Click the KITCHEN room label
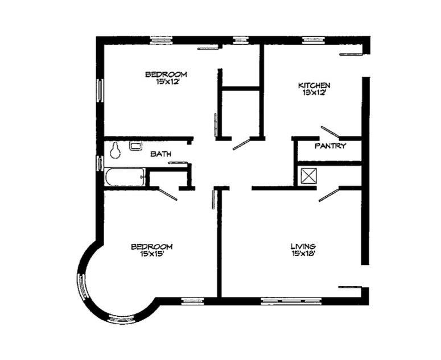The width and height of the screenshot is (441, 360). pos(314,85)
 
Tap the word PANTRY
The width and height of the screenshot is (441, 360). pos(331,146)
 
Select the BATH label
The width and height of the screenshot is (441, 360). pos(162,154)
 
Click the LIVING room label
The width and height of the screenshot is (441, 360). pos(303,246)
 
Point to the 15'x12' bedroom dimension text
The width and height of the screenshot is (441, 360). pos(165,81)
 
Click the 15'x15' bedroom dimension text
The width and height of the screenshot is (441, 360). pos(151,254)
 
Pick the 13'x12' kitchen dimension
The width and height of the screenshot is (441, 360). pos(314,93)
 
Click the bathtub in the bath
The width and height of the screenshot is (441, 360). pos(125,176)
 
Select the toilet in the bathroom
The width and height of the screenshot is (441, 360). pos(116,150)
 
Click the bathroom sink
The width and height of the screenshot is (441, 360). pos(135,146)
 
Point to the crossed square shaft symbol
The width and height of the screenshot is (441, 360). pos(308,176)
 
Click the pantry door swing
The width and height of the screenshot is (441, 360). pos(329,132)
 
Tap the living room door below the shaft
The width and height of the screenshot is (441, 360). pos(329,194)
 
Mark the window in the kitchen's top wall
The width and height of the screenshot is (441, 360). pos(314,40)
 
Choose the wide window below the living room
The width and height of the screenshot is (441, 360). pos(283,300)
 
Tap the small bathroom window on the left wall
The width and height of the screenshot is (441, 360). pos(100,162)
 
